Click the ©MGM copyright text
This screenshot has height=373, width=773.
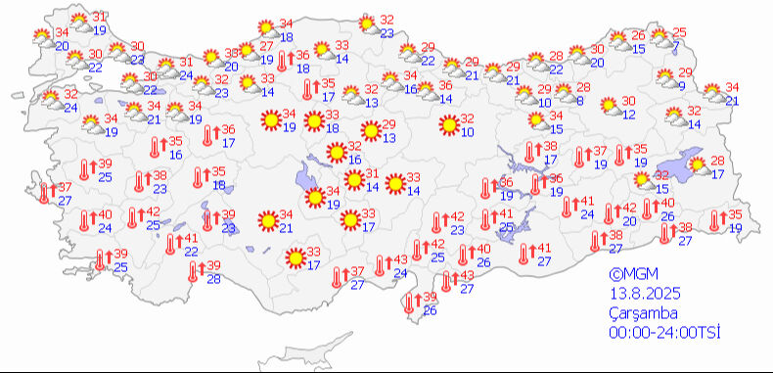pyautogui.click(x=629, y=276)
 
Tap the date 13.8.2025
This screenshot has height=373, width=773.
pyautogui.click(x=642, y=295)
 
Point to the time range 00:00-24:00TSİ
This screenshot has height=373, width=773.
pyautogui.click(x=663, y=333)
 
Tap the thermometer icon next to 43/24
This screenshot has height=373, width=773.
pyautogui.click(x=380, y=265)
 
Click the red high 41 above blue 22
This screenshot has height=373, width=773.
pyautogui.click(x=191, y=238)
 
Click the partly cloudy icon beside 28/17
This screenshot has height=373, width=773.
pyautogui.click(x=699, y=166)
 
